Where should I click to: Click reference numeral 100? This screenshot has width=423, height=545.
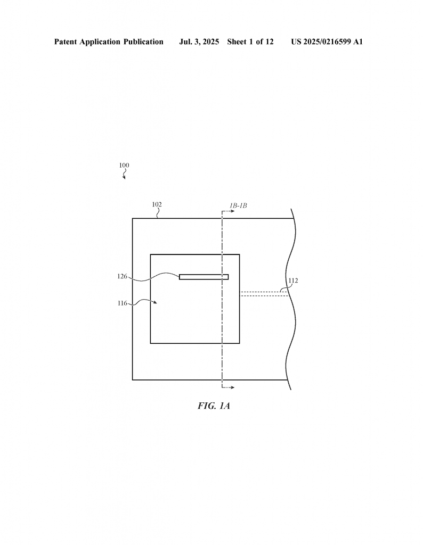coord(124,166)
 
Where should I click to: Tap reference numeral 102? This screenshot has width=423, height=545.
coord(157,204)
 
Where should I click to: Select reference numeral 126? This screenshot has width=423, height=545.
coord(122,276)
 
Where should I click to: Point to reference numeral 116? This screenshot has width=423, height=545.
coord(122,303)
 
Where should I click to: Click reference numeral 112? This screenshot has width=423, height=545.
coord(293,280)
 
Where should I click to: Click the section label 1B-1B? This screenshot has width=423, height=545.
coord(238,206)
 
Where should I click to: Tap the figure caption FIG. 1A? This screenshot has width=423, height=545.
coord(214,406)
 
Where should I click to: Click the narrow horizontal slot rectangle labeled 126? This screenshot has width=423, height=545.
coord(204,277)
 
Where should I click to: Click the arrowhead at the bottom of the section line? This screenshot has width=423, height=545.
coord(232,387)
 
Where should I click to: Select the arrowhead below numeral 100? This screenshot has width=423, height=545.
coord(124,178)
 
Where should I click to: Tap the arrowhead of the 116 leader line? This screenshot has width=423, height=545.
coord(155,302)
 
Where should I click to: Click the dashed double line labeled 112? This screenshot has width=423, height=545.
coord(264,294)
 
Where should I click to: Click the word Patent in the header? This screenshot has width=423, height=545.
coord(66,42)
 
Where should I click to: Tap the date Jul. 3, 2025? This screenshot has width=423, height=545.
coord(199,42)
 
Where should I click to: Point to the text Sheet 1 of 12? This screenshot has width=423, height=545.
coord(250,42)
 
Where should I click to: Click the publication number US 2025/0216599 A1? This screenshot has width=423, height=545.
coord(327,42)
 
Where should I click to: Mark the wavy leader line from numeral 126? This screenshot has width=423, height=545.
coord(154,277)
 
